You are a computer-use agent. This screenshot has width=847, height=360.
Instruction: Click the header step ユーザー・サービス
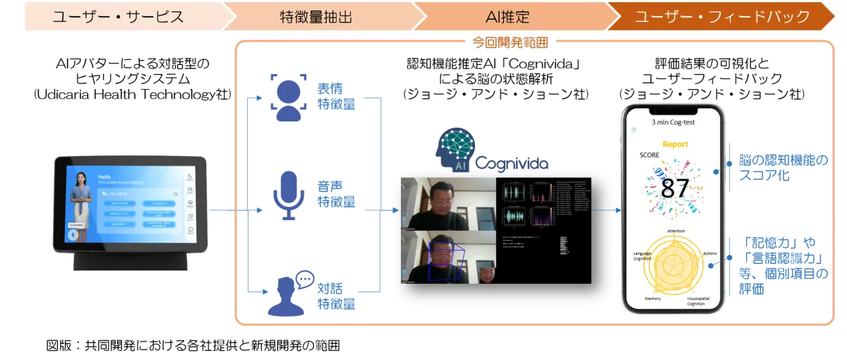click(118, 17)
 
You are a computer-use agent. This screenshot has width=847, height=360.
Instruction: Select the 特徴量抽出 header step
click(311, 17)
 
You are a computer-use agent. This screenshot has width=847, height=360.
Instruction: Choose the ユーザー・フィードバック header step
click(721, 17)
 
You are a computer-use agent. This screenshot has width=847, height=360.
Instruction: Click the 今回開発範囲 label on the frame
click(510, 43)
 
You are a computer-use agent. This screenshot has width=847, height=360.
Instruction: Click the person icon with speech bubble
click(289, 291)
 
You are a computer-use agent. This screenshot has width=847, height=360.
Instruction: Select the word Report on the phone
click(674, 144)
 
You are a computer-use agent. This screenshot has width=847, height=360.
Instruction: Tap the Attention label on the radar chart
click(675, 231)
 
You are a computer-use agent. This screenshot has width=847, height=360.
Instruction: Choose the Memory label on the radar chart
click(653, 299)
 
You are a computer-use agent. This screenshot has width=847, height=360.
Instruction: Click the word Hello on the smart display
click(104, 177)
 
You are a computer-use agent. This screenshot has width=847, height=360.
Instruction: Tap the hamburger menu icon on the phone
click(633, 130)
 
